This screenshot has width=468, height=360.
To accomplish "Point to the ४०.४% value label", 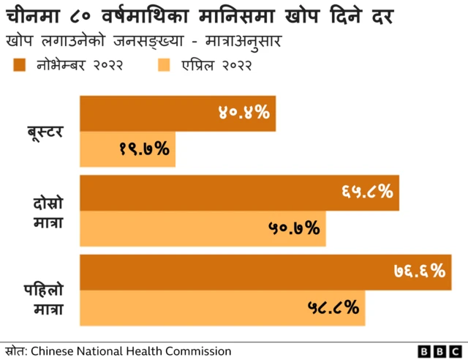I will (244, 113).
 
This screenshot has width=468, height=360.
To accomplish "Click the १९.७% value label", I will (143, 149).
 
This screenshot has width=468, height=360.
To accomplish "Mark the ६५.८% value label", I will (367, 192).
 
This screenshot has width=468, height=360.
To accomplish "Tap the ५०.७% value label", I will (294, 228).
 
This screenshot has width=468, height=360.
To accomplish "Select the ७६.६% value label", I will (418, 272).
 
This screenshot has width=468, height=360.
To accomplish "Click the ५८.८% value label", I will (333, 308).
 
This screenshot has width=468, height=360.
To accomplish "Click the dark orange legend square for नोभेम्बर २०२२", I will (20, 66).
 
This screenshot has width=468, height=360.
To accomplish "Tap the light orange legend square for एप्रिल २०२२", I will (164, 66).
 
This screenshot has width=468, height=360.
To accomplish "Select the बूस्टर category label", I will (45, 132).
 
